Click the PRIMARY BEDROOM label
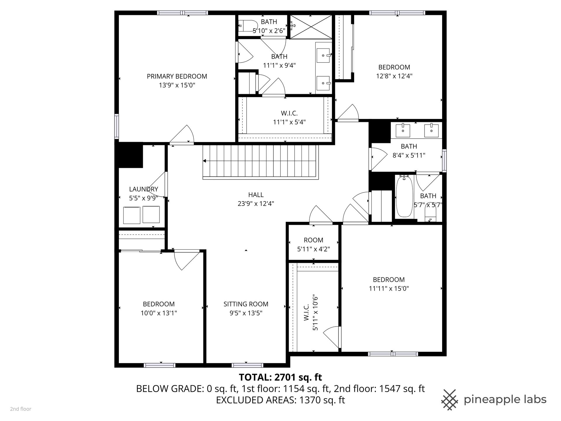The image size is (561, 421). pos(177,76)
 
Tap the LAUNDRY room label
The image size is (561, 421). pos(143,189)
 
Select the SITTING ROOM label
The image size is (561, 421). pos(246,304)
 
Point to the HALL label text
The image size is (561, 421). pos(256,195)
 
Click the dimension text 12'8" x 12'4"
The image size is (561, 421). pos(394,76)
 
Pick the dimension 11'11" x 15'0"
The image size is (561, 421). pos(389,289)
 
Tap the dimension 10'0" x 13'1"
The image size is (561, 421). pos(159,313)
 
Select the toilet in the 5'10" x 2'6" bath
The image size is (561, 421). pos(247,26)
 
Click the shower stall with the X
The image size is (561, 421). pos(311,26)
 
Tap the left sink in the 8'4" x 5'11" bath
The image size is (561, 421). pos(403,130)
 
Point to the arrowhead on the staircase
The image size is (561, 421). pos(205,161)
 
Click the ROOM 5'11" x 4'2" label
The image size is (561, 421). pos(314,244)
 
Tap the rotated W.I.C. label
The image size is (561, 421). pos(307,313)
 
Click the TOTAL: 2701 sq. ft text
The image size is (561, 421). pos(280,377)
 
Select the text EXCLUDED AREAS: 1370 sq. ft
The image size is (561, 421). pos(280,400)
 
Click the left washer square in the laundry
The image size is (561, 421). pos(132,215)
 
